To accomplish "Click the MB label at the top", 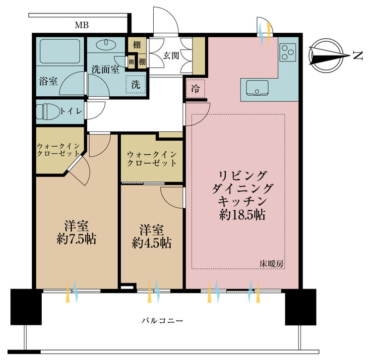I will pyautogui.click(x=82, y=25).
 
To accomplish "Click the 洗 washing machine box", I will pyautogui.click(x=136, y=85).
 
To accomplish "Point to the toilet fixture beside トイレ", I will pyautogui.click(x=48, y=112).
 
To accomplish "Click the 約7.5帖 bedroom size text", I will pyautogui.click(x=76, y=240).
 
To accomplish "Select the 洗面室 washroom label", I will pyautogui.click(x=106, y=69).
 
